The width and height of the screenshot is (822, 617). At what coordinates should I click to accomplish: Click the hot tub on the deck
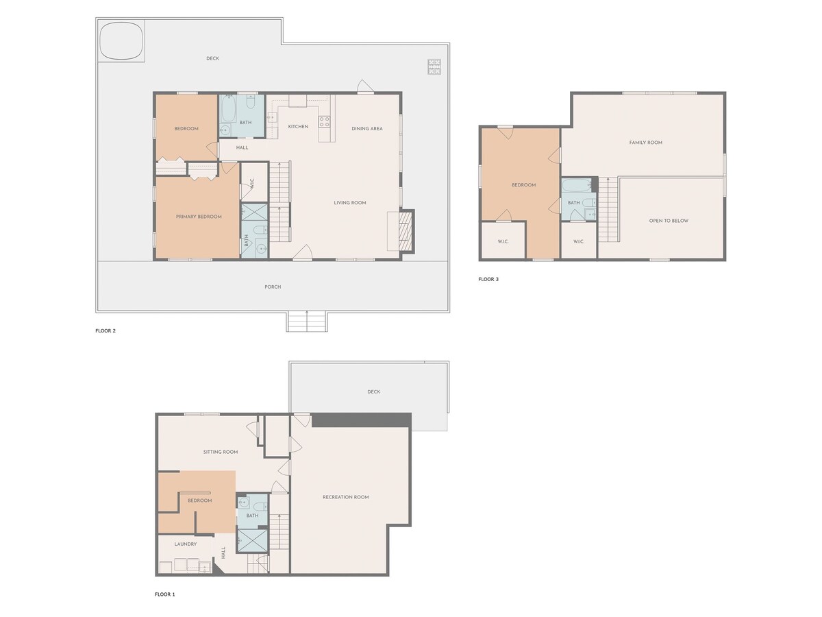(x=122, y=40)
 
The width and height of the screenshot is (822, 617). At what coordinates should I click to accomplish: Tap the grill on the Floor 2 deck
(x=434, y=66)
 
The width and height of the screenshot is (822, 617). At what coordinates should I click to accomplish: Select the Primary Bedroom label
(x=199, y=217)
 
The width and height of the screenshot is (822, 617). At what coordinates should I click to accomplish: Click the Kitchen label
(x=298, y=127)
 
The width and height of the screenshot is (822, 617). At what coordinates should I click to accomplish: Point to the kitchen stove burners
(x=324, y=121)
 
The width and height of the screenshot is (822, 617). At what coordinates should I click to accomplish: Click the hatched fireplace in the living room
(x=406, y=232)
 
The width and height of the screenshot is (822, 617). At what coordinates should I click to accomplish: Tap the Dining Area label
(x=367, y=128)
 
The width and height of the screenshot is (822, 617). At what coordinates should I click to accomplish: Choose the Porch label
(x=273, y=287)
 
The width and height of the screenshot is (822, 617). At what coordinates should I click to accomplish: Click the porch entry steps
(x=307, y=322)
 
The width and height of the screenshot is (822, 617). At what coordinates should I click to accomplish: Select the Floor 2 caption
(x=105, y=331)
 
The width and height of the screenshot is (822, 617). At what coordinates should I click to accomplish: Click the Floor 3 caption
(x=488, y=279)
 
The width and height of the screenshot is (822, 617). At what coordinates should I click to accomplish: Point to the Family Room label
(x=646, y=143)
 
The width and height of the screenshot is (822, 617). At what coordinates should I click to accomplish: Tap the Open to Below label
(x=669, y=221)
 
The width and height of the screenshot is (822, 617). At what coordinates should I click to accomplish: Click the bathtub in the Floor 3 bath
(x=576, y=185)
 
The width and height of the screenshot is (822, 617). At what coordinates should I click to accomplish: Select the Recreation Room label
(x=346, y=497)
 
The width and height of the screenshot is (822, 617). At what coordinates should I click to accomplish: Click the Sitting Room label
(x=221, y=452)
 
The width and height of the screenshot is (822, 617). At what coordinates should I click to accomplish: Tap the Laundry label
(x=186, y=544)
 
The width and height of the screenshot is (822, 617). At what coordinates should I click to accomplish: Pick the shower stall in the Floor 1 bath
(x=252, y=540)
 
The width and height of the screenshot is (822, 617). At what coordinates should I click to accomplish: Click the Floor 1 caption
(x=165, y=594)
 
